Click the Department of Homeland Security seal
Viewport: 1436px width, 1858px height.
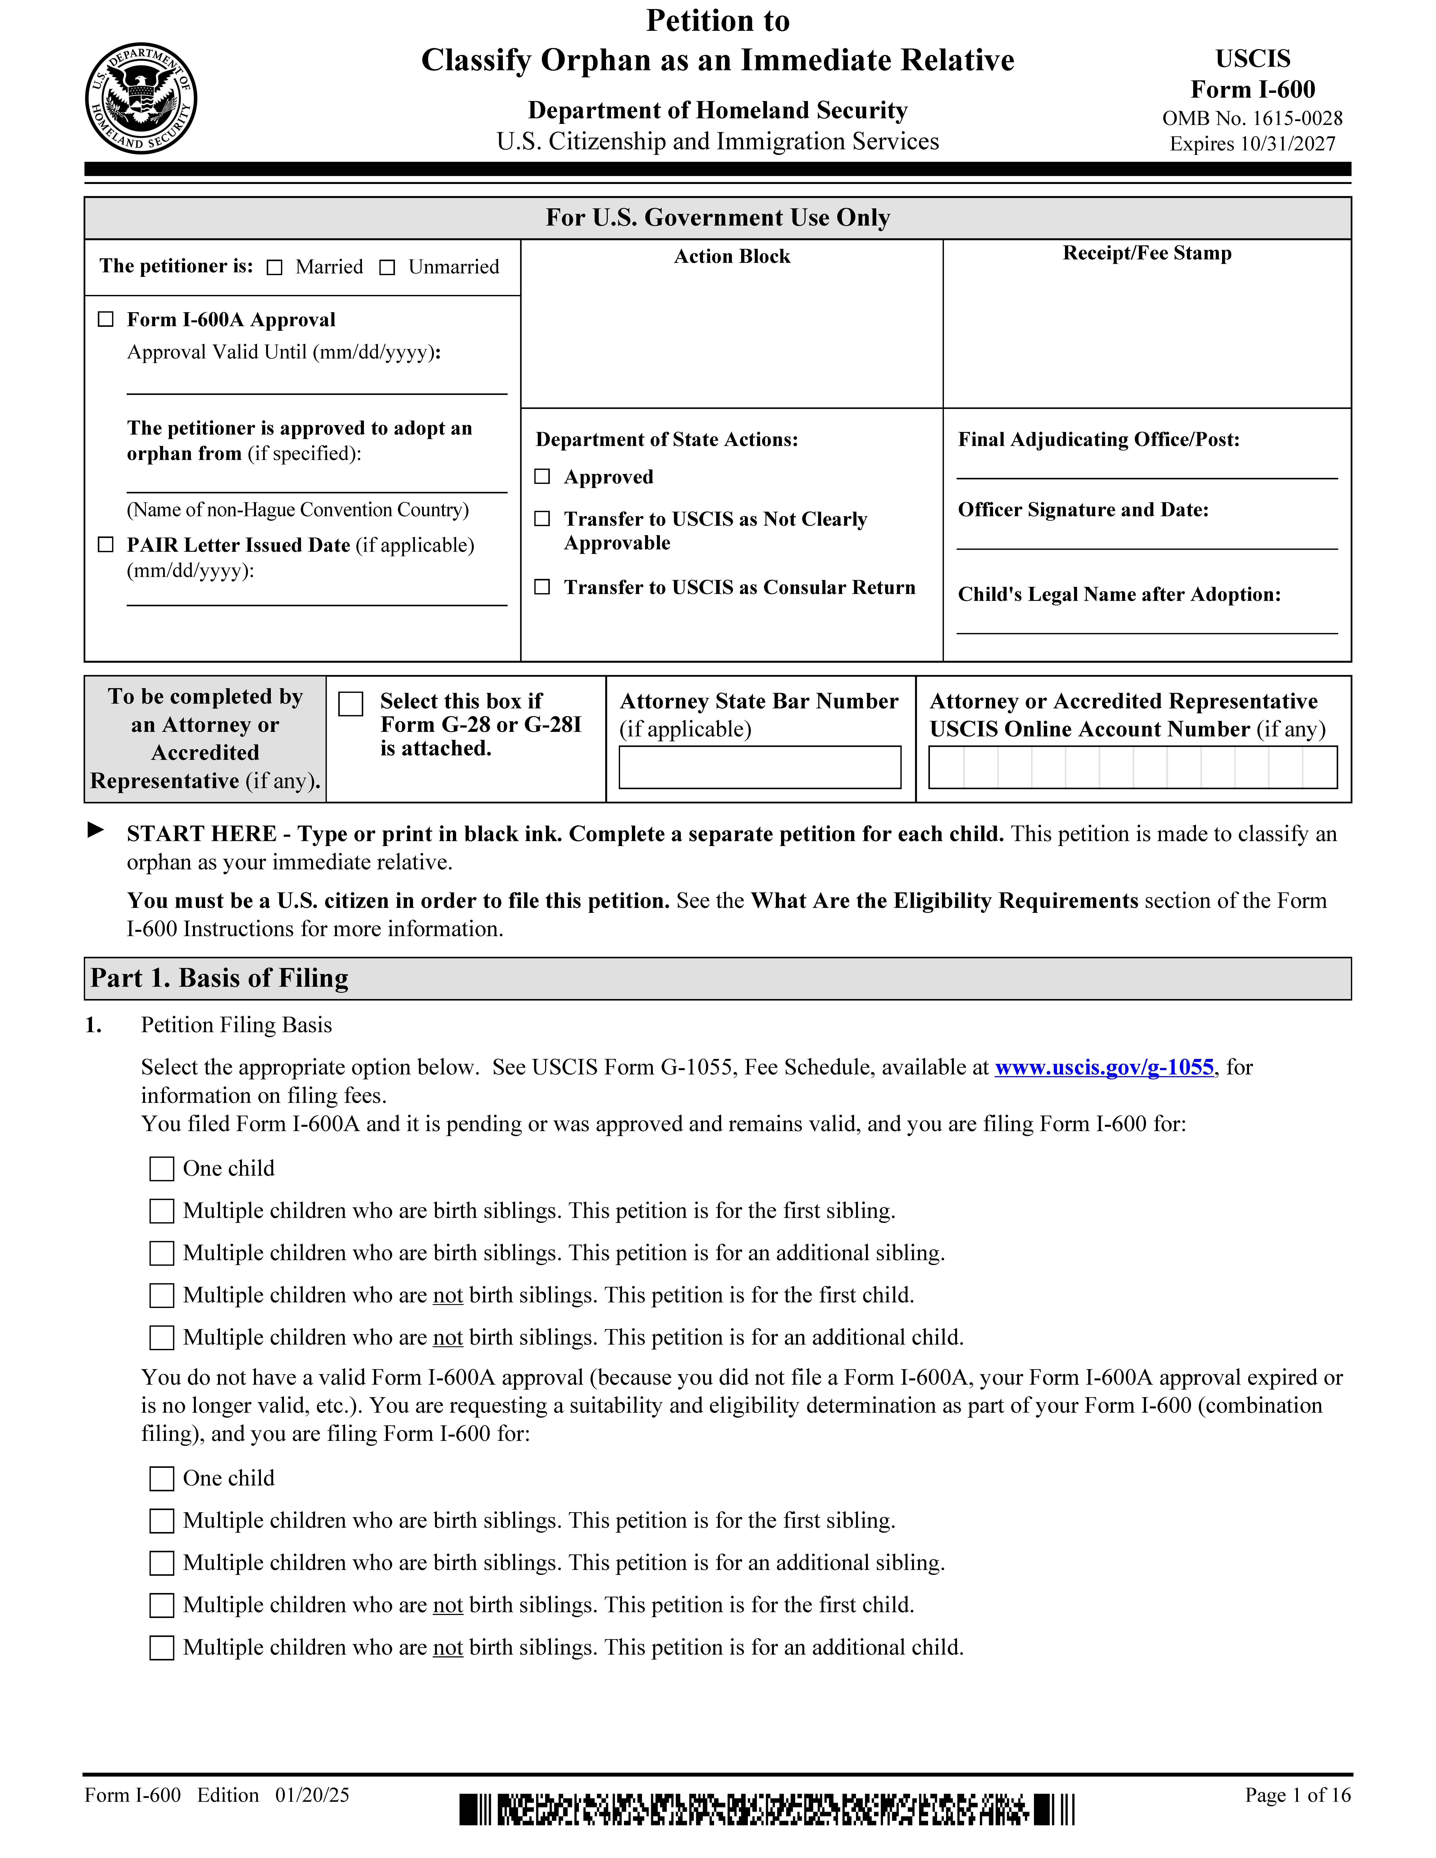pyautogui.click(x=141, y=99)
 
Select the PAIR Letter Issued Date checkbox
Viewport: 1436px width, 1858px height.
pyautogui.click(x=106, y=544)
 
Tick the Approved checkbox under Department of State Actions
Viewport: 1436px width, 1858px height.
pyautogui.click(x=542, y=476)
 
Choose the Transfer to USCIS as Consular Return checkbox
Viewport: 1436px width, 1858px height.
pyautogui.click(x=542, y=587)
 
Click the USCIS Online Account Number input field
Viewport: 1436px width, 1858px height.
pyautogui.click(x=1132, y=767)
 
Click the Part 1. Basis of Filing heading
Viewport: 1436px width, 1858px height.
pyautogui.click(x=220, y=978)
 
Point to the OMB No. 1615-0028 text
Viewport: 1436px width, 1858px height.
pyautogui.click(x=1252, y=118)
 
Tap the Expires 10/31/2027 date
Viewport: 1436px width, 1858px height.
pyautogui.click(x=1252, y=144)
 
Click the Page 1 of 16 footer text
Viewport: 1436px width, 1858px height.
pyautogui.click(x=1297, y=1795)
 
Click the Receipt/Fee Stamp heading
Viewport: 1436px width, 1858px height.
pyautogui.click(x=1147, y=254)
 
